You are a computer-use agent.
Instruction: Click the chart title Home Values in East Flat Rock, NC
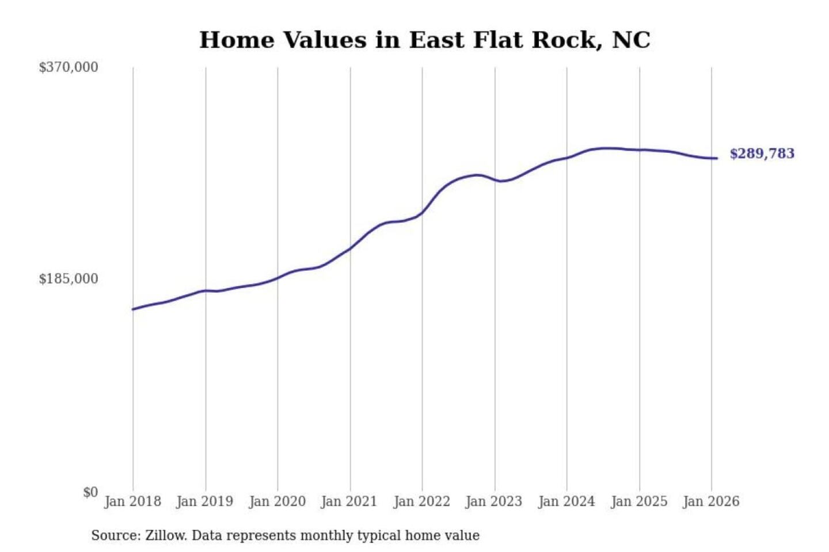[425, 40]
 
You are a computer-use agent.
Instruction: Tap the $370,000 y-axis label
[69, 67]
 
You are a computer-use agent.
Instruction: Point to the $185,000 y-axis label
[69, 279]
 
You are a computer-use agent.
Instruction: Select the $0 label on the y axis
[90, 492]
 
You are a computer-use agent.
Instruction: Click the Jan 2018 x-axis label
[132, 501]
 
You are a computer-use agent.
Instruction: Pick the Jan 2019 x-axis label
[205, 501]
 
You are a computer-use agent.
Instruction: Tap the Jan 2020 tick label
[277, 501]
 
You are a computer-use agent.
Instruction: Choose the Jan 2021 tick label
[349, 501]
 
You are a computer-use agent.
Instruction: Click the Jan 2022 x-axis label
[421, 501]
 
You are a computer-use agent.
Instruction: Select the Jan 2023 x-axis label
[494, 501]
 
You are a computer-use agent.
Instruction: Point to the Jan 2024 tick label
[566, 501]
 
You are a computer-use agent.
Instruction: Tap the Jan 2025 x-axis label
[639, 501]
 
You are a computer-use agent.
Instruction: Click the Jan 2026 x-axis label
[711, 501]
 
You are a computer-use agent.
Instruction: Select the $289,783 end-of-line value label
[762, 154]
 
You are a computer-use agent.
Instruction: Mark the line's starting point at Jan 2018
[133, 309]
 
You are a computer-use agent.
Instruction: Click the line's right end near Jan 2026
[717, 158]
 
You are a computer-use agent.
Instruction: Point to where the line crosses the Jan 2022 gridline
[422, 213]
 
